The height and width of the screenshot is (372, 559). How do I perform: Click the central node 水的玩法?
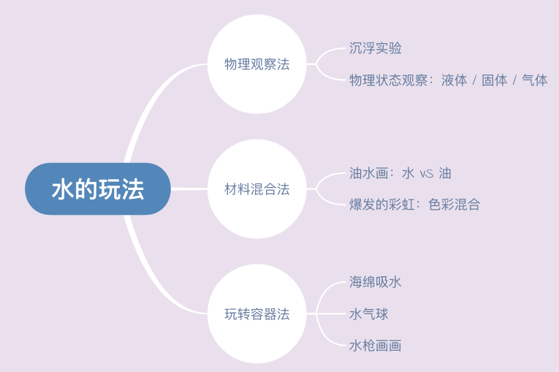tap(98, 189)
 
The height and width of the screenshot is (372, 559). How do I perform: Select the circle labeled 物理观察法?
tap(256, 64)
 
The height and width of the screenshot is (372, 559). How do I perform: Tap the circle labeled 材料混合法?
tap(256, 189)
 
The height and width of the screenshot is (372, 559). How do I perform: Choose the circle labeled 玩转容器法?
tap(256, 314)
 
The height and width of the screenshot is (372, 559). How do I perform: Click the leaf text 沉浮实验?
tap(376, 48)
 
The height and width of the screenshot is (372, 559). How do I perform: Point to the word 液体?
tap(454, 80)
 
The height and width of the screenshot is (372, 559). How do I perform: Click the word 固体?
tap(494, 80)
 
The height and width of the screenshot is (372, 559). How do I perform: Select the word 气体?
tap(534, 80)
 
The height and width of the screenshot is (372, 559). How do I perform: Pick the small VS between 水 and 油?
tap(427, 174)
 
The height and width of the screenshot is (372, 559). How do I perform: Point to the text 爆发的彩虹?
tap(381, 205)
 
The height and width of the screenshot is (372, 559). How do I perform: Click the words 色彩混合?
tap(454, 205)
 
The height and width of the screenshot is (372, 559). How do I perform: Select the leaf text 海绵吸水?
tap(376, 282)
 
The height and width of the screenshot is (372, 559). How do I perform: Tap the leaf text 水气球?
tap(369, 314)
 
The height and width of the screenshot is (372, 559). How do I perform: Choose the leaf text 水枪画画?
tap(376, 345)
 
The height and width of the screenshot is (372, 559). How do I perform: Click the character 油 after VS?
tap(445, 173)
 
